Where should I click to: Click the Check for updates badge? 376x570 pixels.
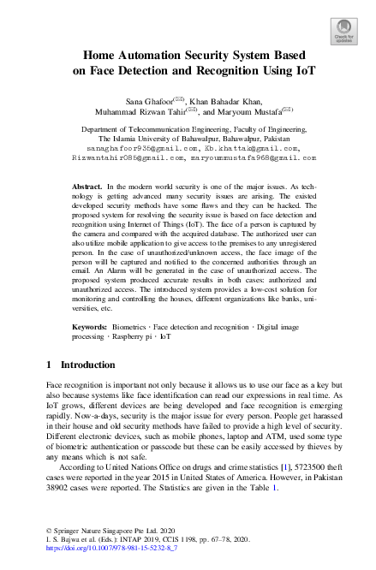(343, 31)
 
